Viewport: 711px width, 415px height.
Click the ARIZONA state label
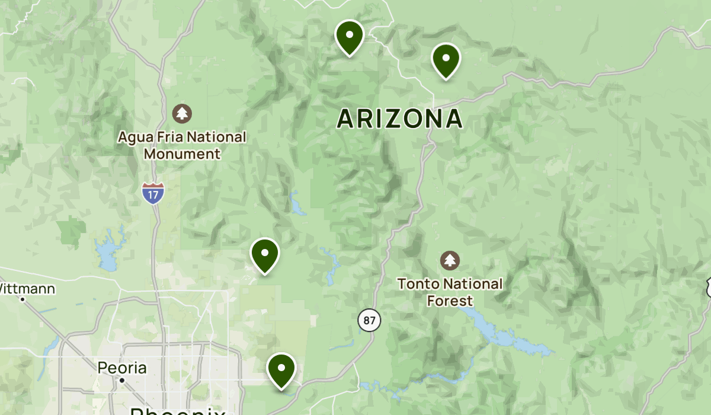399,119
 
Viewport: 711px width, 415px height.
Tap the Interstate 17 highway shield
153,193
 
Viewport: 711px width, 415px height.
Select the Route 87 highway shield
369,321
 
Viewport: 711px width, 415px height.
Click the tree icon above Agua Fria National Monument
182,113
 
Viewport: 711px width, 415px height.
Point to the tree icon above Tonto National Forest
450,260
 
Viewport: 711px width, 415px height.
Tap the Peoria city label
122,368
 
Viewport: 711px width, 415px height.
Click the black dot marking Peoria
121,381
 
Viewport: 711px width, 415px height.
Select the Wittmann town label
27,289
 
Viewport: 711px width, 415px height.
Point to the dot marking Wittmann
23,299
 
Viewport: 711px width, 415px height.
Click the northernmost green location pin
349,36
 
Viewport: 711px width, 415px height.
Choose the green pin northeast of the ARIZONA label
446,59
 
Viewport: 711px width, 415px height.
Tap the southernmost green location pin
281,369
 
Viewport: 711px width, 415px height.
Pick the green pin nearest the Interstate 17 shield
265,254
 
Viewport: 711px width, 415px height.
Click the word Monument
182,154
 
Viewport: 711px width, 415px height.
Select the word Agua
136,138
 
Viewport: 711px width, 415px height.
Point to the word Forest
450,301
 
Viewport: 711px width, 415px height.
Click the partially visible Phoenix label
178,410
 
